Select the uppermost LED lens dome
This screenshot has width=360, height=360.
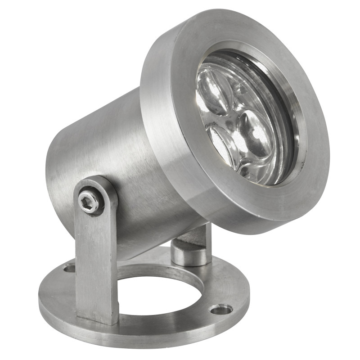[215, 92]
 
